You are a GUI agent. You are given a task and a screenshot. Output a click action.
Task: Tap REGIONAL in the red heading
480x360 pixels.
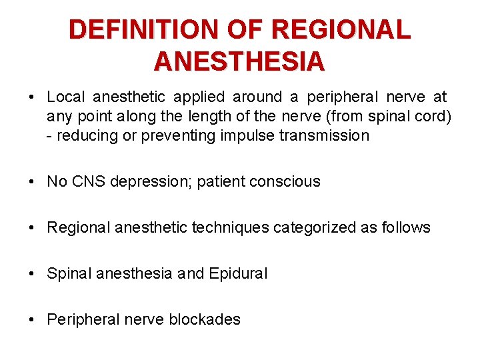[341, 30]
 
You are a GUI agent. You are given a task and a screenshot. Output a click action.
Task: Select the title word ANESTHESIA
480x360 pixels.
[239, 61]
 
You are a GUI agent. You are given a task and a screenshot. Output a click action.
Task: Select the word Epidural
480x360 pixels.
[237, 273]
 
